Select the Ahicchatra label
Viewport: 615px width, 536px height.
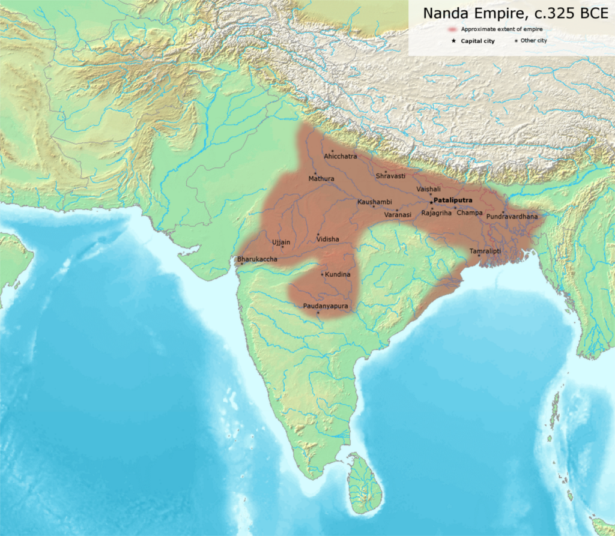point(340,156)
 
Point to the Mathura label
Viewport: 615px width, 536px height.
point(321,179)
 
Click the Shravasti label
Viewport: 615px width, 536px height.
point(390,176)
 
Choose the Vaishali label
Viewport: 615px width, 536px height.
point(428,189)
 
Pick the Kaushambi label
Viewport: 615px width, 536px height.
point(374,202)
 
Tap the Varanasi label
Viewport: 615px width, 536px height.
point(398,214)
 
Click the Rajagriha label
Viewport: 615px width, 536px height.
point(436,213)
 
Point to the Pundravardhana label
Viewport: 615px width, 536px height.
point(512,216)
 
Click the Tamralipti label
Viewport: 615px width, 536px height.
point(485,250)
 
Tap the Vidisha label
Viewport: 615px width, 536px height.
point(327,239)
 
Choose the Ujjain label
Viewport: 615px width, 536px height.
point(281,242)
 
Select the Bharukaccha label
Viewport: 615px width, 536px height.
point(257,259)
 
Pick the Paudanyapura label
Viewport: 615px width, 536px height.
point(326,306)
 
